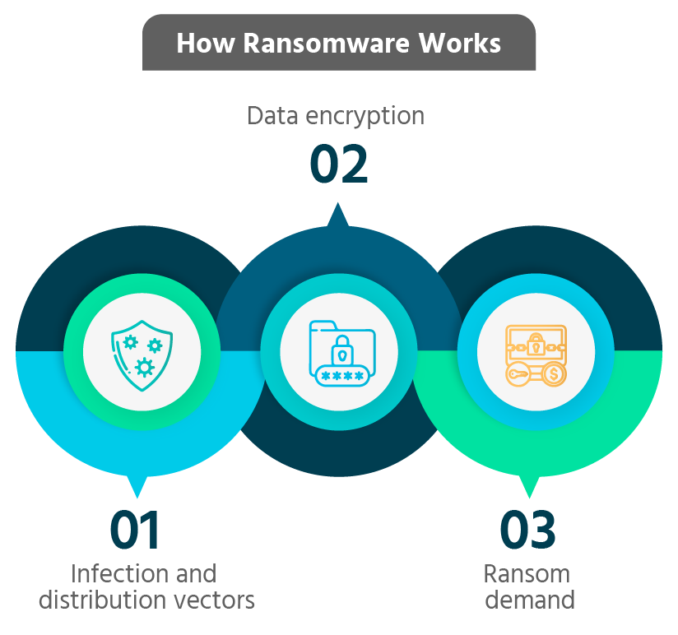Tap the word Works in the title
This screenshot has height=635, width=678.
460,43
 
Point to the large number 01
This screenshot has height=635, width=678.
137,531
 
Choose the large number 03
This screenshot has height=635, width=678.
527,531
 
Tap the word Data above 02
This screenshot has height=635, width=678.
273,116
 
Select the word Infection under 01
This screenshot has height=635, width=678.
114,572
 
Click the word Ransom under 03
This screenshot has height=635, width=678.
527,572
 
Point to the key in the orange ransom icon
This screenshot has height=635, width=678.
518,375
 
